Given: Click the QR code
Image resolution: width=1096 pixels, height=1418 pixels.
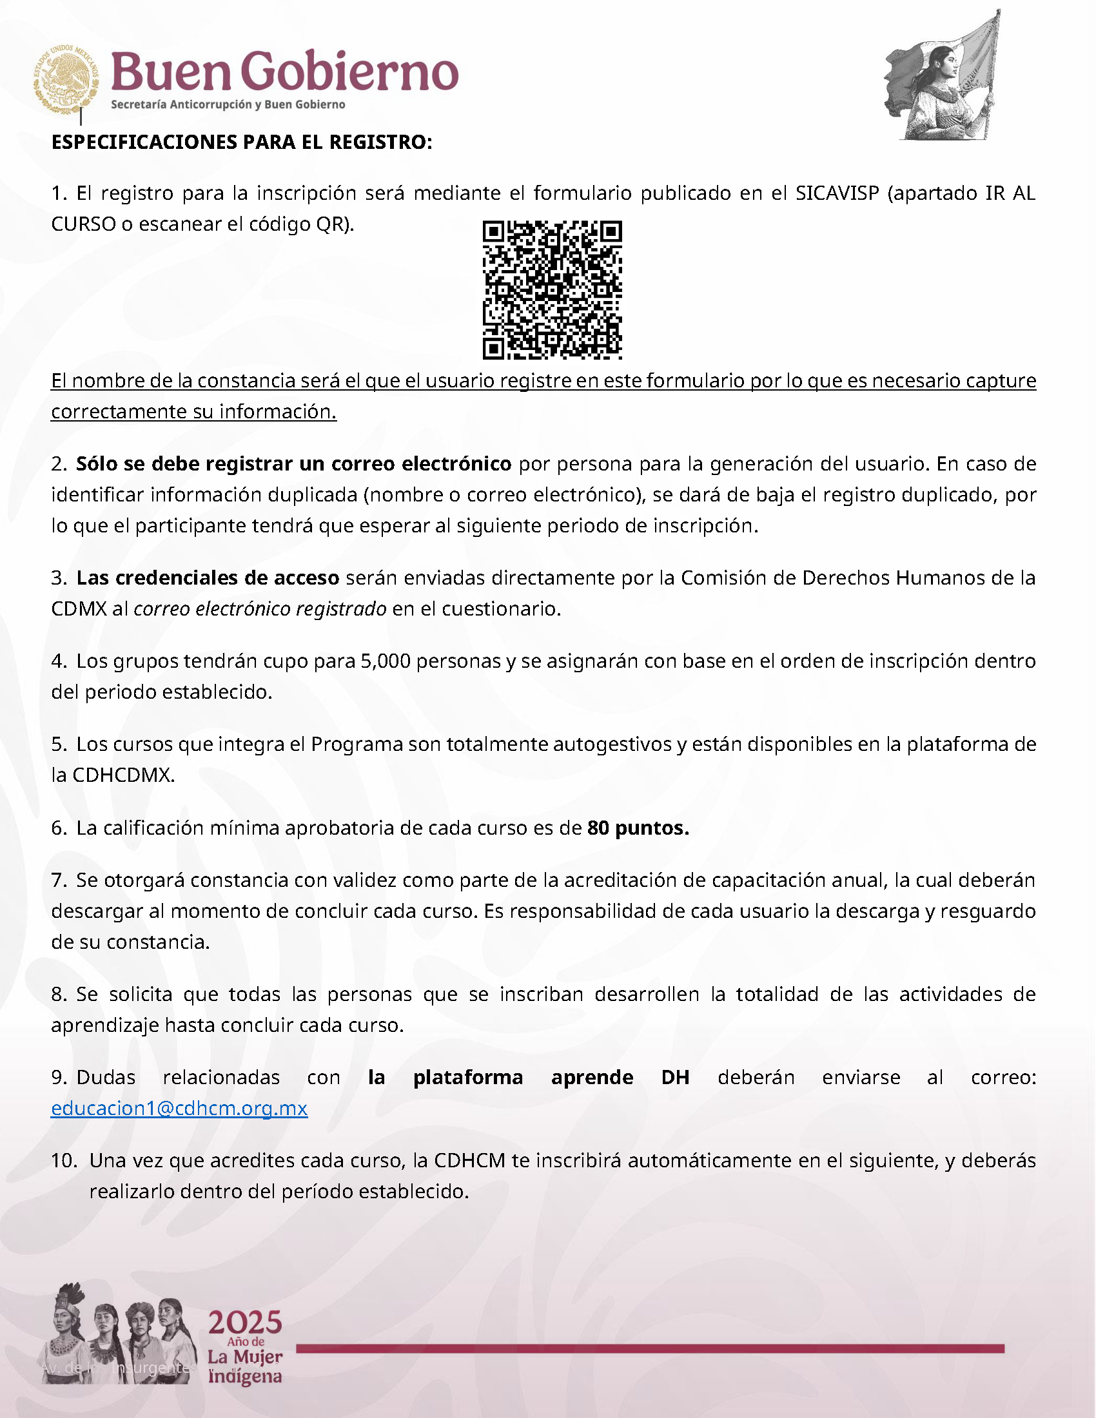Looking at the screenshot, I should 552,289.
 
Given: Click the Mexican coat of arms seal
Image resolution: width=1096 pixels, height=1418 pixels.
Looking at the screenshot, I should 66,80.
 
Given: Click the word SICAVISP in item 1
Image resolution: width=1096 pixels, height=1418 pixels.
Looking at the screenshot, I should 837,193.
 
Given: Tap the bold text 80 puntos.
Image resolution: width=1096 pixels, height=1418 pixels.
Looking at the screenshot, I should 638,828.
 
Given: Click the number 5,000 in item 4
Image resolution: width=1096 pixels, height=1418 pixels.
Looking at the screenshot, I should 385,661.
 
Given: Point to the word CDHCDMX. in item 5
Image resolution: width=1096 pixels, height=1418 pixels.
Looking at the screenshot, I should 123,775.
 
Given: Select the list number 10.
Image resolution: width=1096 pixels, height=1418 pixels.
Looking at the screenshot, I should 64,1160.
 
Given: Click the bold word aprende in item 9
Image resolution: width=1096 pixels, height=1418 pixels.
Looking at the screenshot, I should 591,1077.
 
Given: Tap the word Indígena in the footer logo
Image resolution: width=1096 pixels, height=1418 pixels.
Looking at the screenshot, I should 245,1377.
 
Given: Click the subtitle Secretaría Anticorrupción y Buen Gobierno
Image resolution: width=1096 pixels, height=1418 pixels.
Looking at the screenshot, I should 228,104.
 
